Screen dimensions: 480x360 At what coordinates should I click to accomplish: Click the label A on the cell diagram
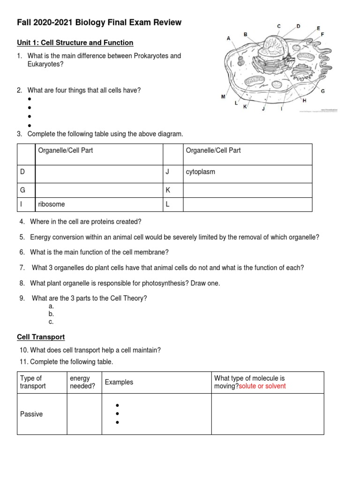pos(229,38)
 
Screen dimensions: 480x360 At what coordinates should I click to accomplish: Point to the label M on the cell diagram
pos(223,97)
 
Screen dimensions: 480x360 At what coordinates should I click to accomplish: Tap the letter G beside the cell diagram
pos(323,91)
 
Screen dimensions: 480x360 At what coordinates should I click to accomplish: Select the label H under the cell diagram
pos(305,100)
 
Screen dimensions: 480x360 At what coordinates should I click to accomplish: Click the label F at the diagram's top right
pos(322,34)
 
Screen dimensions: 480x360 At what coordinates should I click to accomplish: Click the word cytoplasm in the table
pos(201,172)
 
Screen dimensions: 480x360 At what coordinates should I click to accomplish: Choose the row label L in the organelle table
pos(167,205)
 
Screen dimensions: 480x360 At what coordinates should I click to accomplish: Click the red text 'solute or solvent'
pos(262,386)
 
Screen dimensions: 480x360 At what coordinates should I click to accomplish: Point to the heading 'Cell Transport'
pos(41,337)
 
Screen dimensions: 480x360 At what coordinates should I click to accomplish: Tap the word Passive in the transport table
pos(31,414)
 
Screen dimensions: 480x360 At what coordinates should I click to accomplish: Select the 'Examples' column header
pos(119,382)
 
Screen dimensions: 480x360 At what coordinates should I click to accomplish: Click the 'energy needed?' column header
pos(80,382)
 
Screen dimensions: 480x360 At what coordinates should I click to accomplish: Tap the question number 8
pos(22,283)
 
